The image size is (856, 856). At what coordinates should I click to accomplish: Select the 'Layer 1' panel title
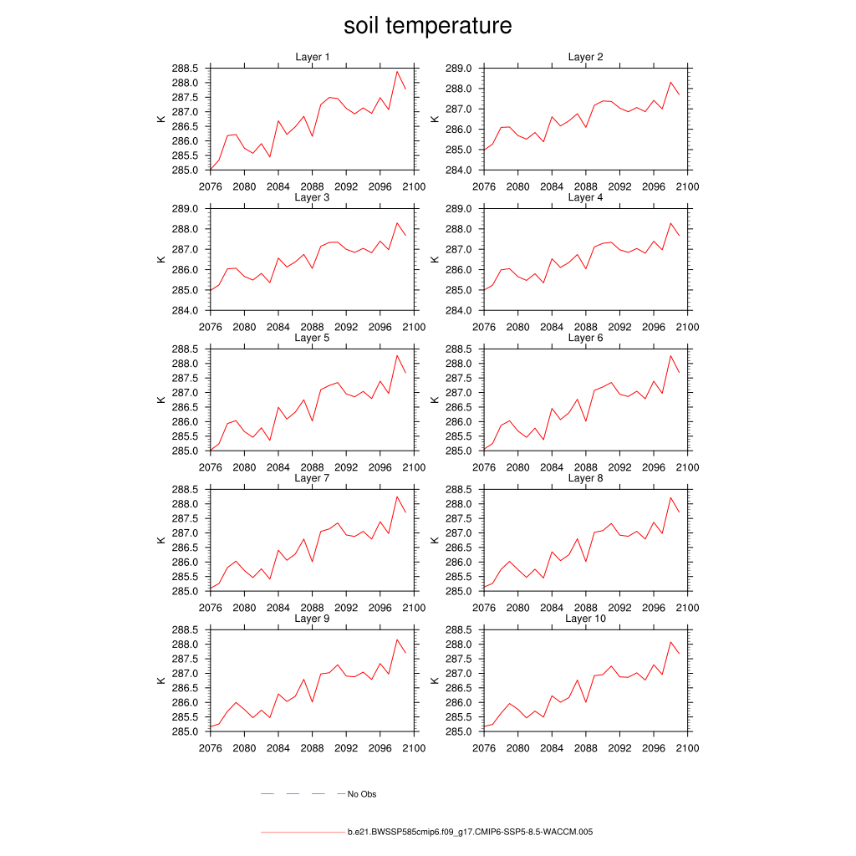pyautogui.click(x=313, y=57)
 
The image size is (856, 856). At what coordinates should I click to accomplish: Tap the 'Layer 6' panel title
pyautogui.click(x=585, y=338)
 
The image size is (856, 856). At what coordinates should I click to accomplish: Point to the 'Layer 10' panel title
pyautogui.click(x=585, y=619)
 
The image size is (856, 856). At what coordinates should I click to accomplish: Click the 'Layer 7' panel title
pyautogui.click(x=313, y=478)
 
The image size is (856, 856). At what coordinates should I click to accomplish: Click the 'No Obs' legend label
pyautogui.click(x=362, y=794)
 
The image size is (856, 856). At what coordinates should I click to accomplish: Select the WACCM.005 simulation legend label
pyautogui.click(x=470, y=833)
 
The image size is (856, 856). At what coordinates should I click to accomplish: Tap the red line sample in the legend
pyautogui.click(x=302, y=833)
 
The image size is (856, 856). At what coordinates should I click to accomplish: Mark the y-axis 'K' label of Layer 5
pyautogui.click(x=160, y=400)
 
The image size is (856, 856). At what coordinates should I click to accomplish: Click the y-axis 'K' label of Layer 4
pyautogui.click(x=434, y=259)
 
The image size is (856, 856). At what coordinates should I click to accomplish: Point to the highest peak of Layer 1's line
pyautogui.click(x=397, y=71)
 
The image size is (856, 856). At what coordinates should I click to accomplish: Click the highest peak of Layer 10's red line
pyautogui.click(x=670, y=642)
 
